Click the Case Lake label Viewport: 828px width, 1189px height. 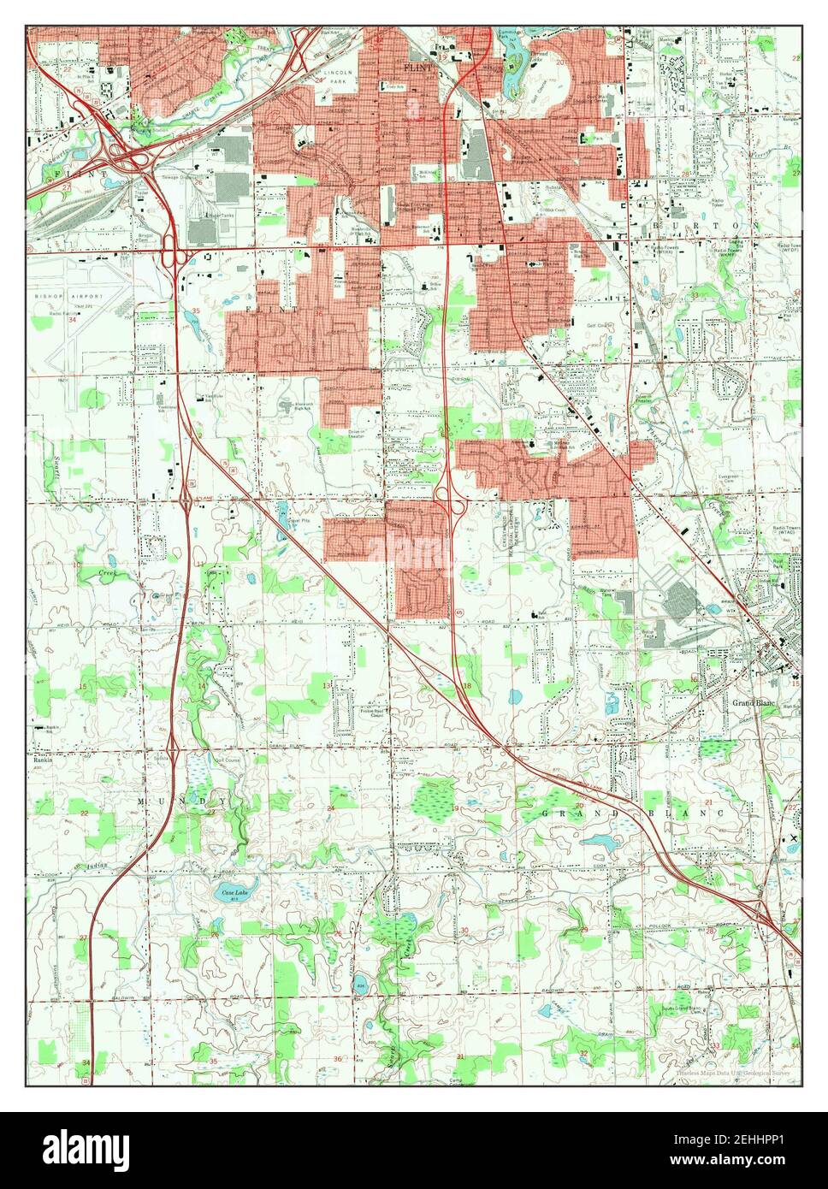click(x=229, y=893)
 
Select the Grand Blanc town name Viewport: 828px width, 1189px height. click(x=753, y=703)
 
